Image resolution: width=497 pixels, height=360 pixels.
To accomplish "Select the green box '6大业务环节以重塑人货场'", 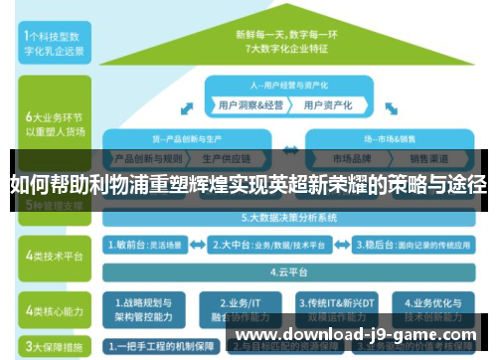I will click(48, 122).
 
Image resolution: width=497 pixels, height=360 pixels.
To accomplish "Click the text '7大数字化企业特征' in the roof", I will click(289, 47).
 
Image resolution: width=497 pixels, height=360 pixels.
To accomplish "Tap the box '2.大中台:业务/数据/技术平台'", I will click(263, 243).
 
